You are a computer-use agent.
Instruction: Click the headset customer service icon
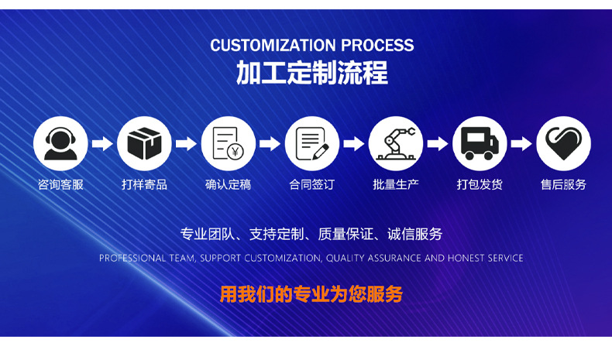(60, 143)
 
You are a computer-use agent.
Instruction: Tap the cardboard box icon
(144, 143)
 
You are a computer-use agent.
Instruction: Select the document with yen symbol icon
(229, 143)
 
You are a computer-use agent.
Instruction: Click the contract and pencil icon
(312, 143)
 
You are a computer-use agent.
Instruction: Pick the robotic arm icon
(396, 143)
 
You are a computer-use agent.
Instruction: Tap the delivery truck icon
(480, 143)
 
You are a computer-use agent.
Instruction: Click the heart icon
(564, 143)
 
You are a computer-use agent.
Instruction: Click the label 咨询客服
(60, 184)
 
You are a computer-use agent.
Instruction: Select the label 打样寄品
(144, 184)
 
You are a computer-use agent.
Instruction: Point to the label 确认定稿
(229, 184)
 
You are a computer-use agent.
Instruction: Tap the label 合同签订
(312, 184)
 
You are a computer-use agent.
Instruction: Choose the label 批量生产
(396, 184)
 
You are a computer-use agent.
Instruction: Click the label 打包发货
(480, 184)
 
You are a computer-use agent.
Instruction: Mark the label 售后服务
(564, 184)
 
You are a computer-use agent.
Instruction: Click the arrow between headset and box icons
(102, 143)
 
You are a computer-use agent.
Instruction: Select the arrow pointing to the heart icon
(521, 143)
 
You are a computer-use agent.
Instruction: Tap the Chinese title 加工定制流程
(312, 73)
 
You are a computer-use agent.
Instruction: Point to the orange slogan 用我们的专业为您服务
(311, 294)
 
